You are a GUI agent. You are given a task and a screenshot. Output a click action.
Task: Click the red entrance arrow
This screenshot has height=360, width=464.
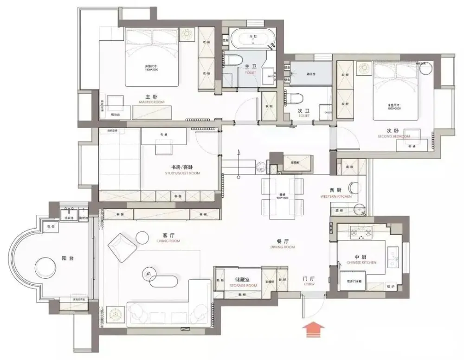click(x=314, y=330)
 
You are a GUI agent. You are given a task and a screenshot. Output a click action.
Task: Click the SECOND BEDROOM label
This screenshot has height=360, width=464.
click(x=394, y=136)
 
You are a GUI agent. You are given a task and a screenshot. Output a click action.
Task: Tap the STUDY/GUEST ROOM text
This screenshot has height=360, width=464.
click(x=182, y=173)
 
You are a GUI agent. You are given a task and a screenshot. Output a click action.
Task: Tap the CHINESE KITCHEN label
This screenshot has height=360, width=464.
click(x=361, y=263)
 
